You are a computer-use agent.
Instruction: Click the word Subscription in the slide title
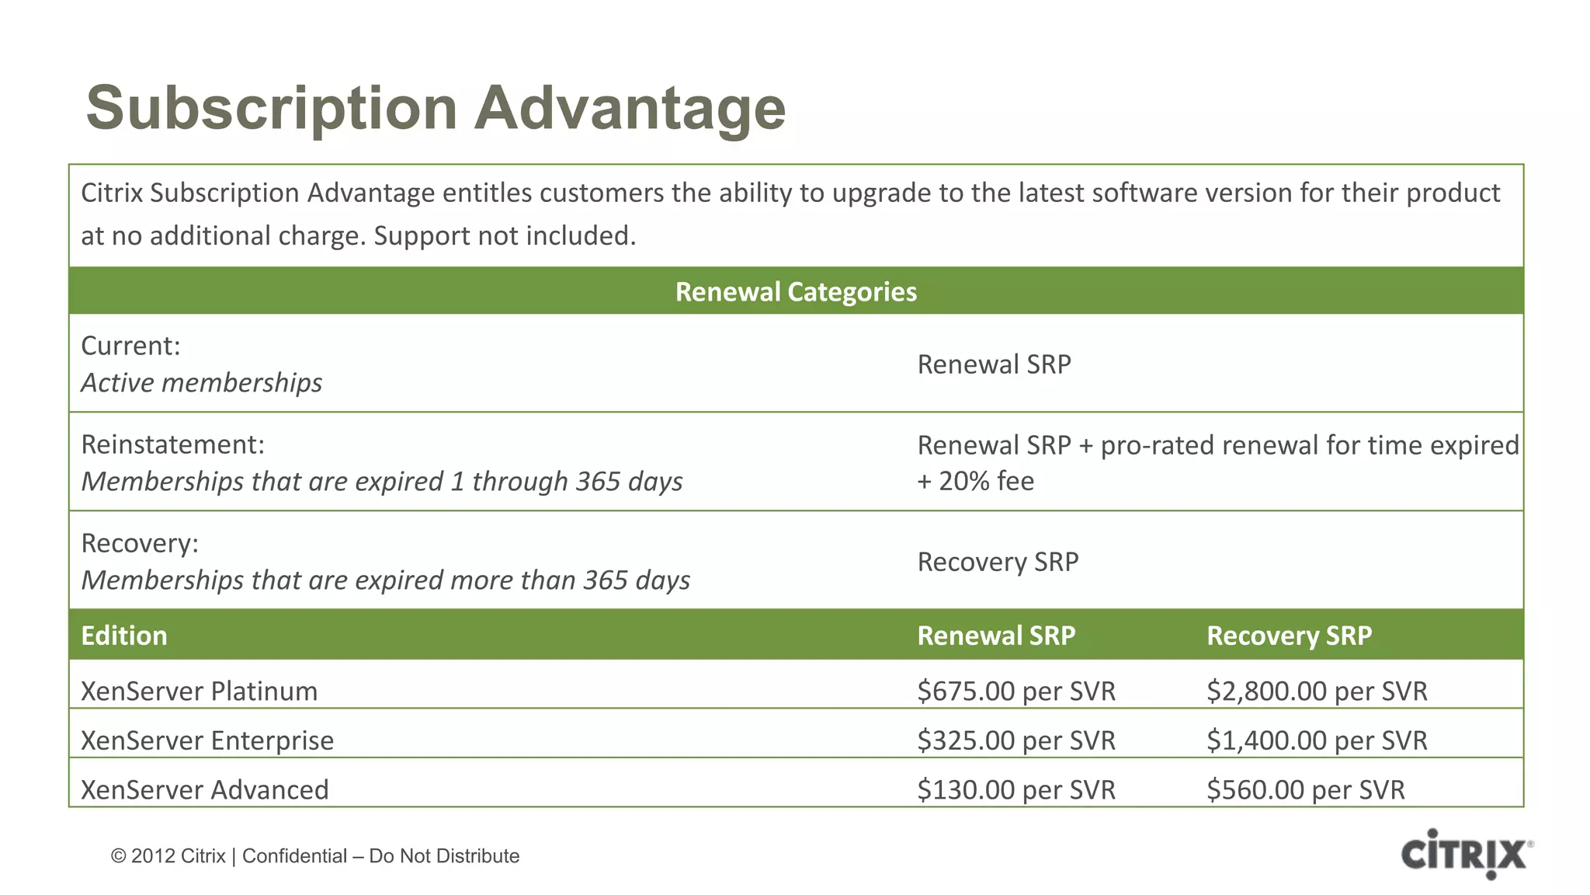272,109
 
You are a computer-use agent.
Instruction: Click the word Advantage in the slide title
630,109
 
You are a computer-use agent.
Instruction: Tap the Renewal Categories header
796,292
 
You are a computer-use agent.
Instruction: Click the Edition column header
124,636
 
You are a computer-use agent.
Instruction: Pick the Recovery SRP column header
1289,636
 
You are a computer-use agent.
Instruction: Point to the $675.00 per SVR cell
1015,691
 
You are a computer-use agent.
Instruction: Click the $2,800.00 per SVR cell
1317,691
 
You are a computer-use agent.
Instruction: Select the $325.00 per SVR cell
1015,740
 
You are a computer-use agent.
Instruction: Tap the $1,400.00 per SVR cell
1317,740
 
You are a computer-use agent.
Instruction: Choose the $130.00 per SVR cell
1015,790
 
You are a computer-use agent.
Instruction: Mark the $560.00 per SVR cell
1305,790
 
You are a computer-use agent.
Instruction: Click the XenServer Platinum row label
200,691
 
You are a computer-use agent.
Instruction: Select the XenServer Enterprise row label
207,740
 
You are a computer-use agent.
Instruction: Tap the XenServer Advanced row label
205,790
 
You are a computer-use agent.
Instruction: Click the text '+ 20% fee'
975,482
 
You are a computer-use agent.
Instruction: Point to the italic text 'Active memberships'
202,383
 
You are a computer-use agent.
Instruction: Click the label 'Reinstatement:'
173,445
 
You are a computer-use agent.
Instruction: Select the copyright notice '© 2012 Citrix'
168,856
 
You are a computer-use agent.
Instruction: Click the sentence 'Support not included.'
505,236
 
